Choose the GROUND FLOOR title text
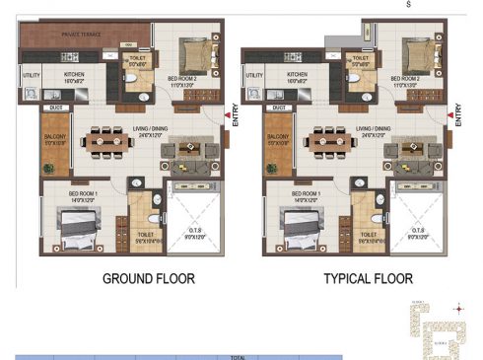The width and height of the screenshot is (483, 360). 149,279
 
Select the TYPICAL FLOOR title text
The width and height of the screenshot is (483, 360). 369,279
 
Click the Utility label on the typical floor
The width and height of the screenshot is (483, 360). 253,75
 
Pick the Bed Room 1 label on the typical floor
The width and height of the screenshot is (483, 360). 301,192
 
